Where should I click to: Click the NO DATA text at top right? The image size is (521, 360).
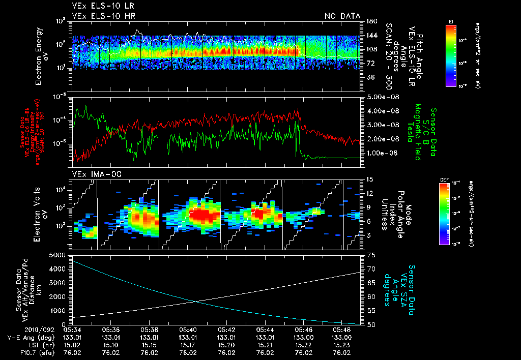(342, 16)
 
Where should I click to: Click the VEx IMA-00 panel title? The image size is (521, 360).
(93, 174)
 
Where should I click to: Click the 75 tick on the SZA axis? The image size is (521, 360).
(370, 255)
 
